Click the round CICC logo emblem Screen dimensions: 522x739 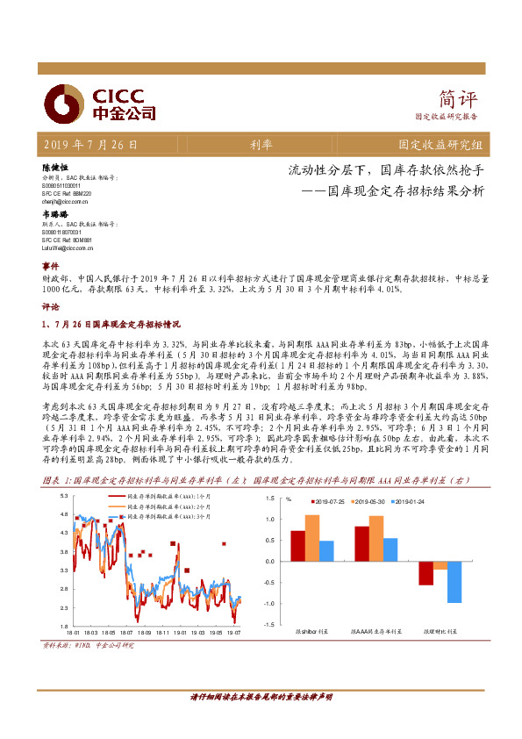pyautogui.click(x=62, y=103)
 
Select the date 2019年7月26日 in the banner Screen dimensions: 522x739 pyautogui.click(x=89, y=144)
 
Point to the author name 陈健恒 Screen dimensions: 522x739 pyautogui.click(x=55, y=167)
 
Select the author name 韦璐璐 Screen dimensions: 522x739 pyautogui.click(x=55, y=214)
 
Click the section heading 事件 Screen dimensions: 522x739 pyautogui.click(x=50, y=265)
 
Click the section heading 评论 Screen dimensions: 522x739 pyautogui.click(x=50, y=309)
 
